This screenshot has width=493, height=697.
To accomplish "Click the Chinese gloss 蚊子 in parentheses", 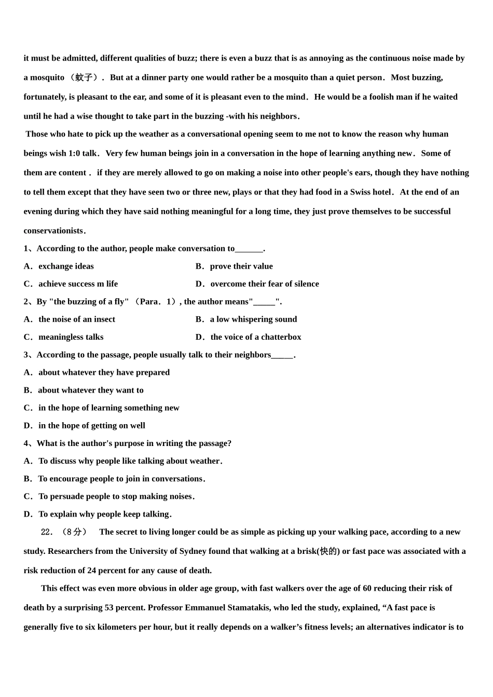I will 84,78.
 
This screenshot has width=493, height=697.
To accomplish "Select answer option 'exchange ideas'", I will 66,267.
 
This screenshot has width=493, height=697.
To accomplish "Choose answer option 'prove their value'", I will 241,267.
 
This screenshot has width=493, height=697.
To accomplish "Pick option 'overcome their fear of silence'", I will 265,284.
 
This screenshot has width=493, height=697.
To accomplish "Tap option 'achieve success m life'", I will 78,284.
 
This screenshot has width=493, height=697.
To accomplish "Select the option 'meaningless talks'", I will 71,337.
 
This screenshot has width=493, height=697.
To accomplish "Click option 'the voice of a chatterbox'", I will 255,337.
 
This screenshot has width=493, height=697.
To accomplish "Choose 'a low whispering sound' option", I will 253,319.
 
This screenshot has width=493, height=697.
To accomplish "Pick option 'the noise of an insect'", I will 77,319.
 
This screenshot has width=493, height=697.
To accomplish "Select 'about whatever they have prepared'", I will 104,372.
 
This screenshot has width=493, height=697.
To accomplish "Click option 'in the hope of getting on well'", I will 91,426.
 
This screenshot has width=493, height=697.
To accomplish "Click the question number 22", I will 47,532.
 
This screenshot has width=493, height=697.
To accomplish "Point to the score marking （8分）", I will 74,532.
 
